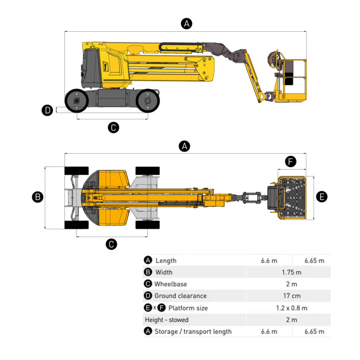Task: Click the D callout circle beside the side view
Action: (x=47, y=110)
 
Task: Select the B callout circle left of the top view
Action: (x=37, y=197)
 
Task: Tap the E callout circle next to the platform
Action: (x=322, y=197)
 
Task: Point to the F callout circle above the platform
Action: (x=290, y=162)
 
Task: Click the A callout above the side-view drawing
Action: (x=186, y=24)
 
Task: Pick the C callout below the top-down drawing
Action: (x=111, y=244)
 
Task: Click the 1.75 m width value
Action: (x=291, y=272)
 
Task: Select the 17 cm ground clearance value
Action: (x=292, y=296)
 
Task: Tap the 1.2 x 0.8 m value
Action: (x=291, y=308)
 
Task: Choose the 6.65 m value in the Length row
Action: (x=314, y=261)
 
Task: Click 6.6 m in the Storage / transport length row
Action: (x=269, y=332)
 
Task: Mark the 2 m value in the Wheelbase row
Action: (x=291, y=284)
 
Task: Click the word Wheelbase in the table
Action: (x=171, y=284)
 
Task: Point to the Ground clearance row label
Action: (x=180, y=296)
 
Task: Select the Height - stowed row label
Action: (x=167, y=320)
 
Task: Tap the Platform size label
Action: (x=188, y=308)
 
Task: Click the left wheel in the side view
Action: (x=76, y=101)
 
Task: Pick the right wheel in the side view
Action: (x=148, y=101)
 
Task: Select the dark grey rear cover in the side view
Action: (x=91, y=69)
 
